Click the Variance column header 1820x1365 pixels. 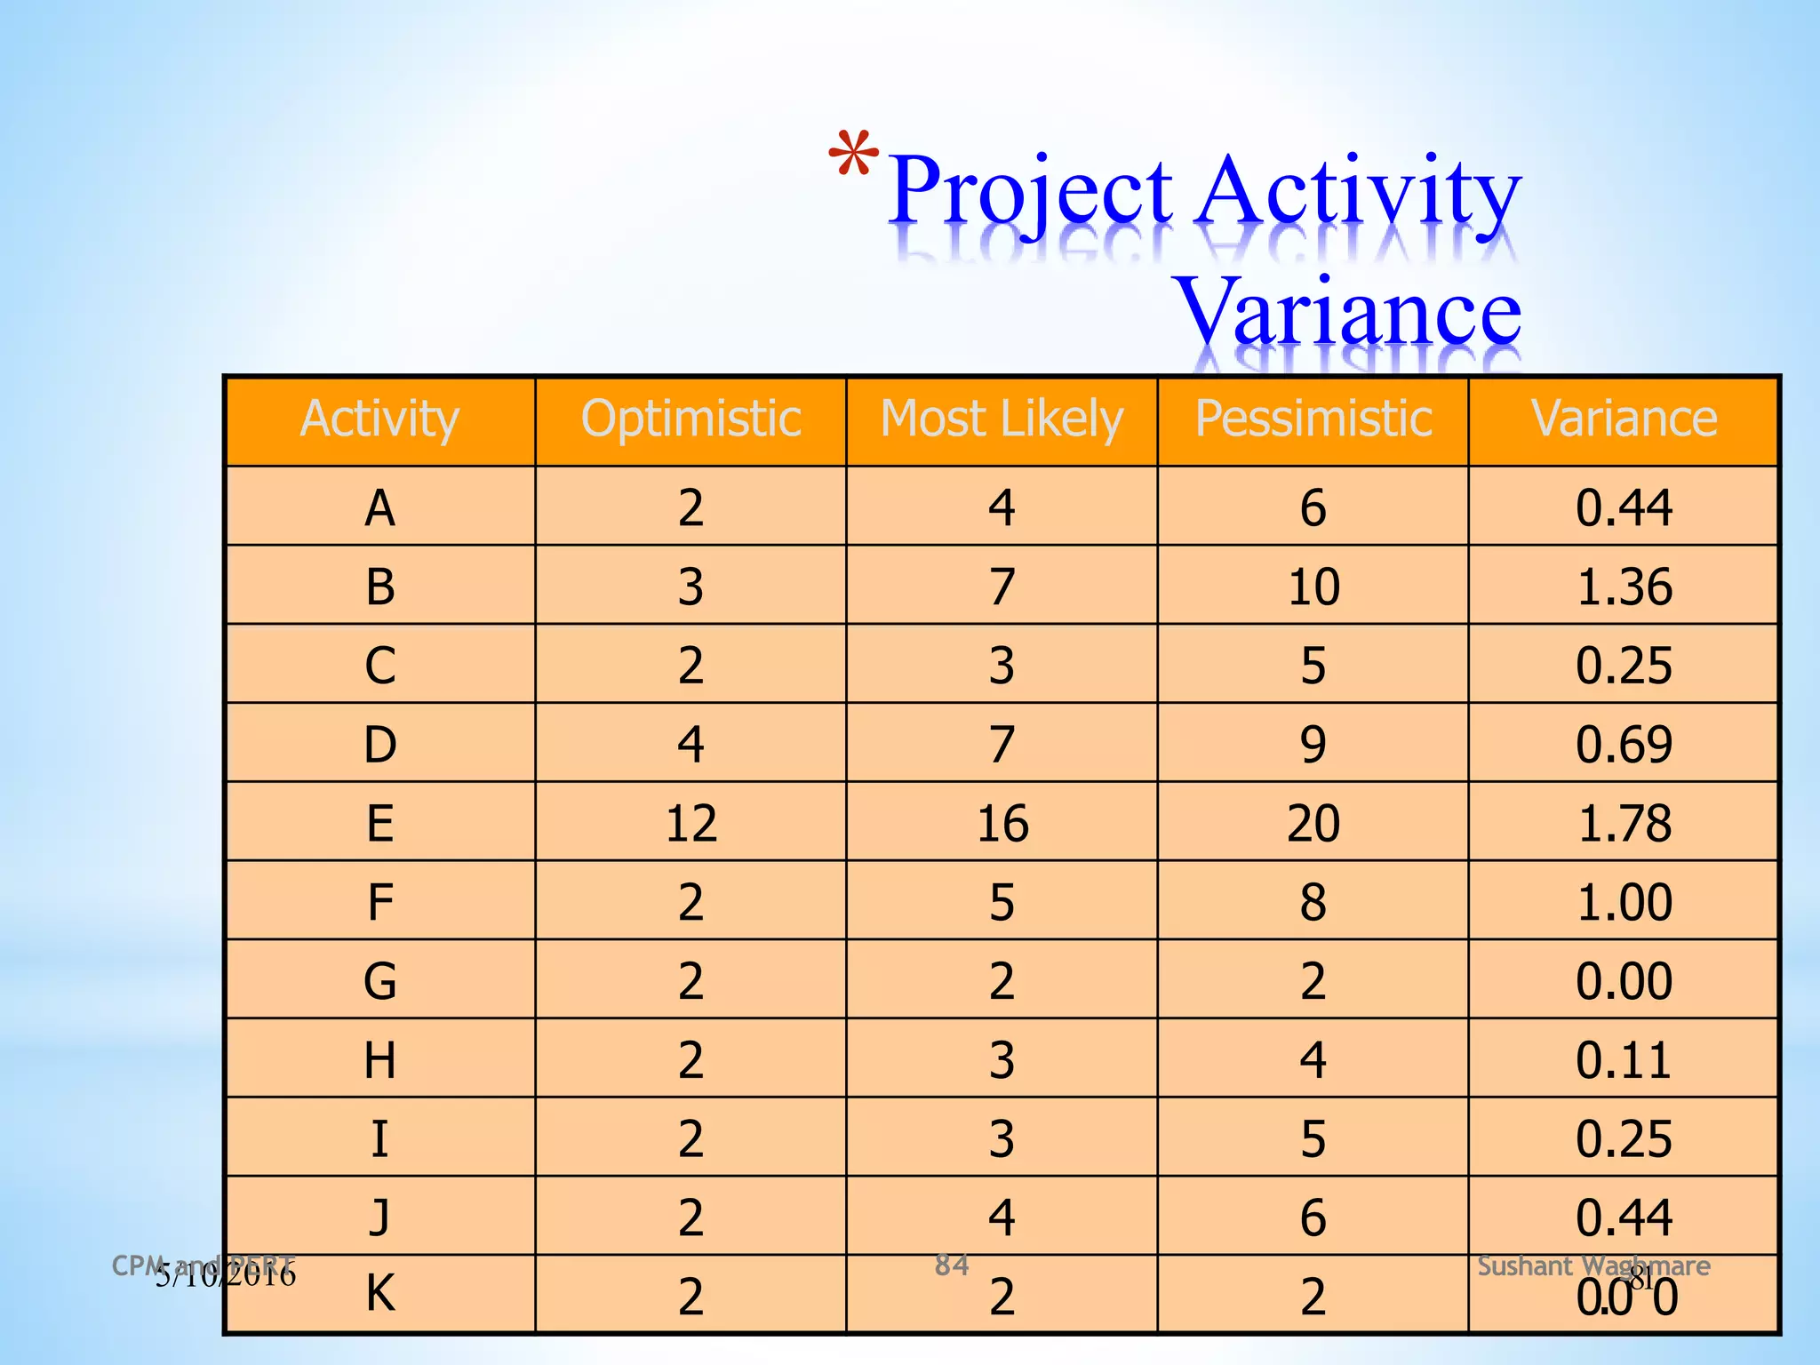click(1624, 419)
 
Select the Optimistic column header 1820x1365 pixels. click(690, 419)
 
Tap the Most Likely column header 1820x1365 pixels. click(1002, 419)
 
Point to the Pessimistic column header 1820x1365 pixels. click(1313, 419)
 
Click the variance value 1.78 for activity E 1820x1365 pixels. click(1624, 823)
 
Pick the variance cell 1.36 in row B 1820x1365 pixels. click(1624, 587)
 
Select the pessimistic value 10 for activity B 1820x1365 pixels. click(1313, 587)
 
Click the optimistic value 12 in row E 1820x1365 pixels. click(690, 823)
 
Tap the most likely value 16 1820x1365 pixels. click(1002, 823)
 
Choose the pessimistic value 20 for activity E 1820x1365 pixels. click(1313, 823)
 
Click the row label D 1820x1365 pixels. click(379, 745)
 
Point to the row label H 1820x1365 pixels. click(379, 1060)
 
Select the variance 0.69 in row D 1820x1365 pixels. click(1624, 745)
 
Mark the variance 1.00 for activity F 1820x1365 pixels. click(1624, 902)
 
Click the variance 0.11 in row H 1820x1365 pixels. click(1624, 1060)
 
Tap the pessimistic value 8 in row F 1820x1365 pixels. click(1313, 902)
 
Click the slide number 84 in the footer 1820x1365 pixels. click(951, 1265)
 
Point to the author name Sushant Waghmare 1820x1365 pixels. click(1592, 1265)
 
